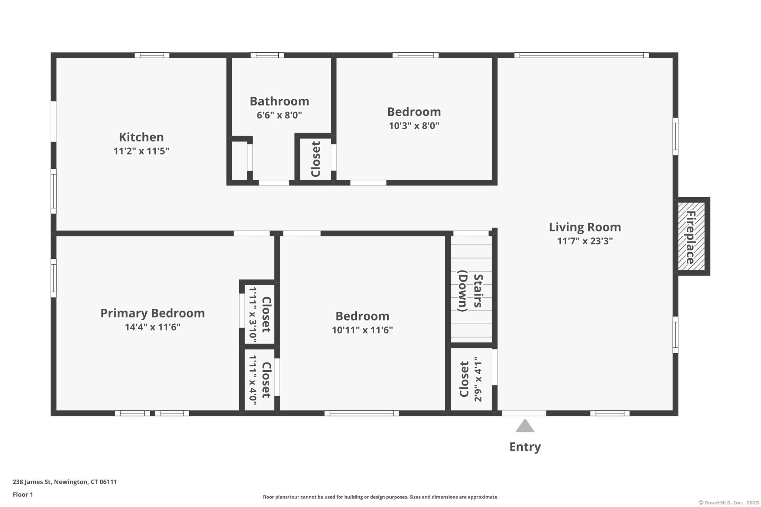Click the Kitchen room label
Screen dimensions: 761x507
click(x=141, y=137)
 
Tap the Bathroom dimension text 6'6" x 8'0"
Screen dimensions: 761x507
click(x=279, y=115)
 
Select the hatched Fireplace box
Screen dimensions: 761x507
click(x=692, y=236)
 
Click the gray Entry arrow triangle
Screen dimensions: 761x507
click(x=525, y=426)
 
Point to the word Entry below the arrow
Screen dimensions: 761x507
click(x=525, y=447)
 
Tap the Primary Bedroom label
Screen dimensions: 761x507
click(x=153, y=313)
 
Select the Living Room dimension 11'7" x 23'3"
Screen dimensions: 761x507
click(x=585, y=241)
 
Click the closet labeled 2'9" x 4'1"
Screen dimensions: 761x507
click(x=471, y=379)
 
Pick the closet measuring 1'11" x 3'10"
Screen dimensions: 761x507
click(x=259, y=315)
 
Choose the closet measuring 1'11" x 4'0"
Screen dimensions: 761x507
click(x=259, y=380)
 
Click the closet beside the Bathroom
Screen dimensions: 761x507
click(x=315, y=159)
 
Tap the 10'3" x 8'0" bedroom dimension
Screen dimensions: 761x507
click(x=414, y=126)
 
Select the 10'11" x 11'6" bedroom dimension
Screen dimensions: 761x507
click(x=362, y=330)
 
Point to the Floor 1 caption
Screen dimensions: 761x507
click(x=23, y=494)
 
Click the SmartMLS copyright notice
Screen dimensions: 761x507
click(x=728, y=503)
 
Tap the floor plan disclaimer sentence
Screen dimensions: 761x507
click(x=380, y=497)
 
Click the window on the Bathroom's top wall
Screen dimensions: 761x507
click(x=267, y=55)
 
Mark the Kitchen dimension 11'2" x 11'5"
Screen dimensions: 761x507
click(x=141, y=151)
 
